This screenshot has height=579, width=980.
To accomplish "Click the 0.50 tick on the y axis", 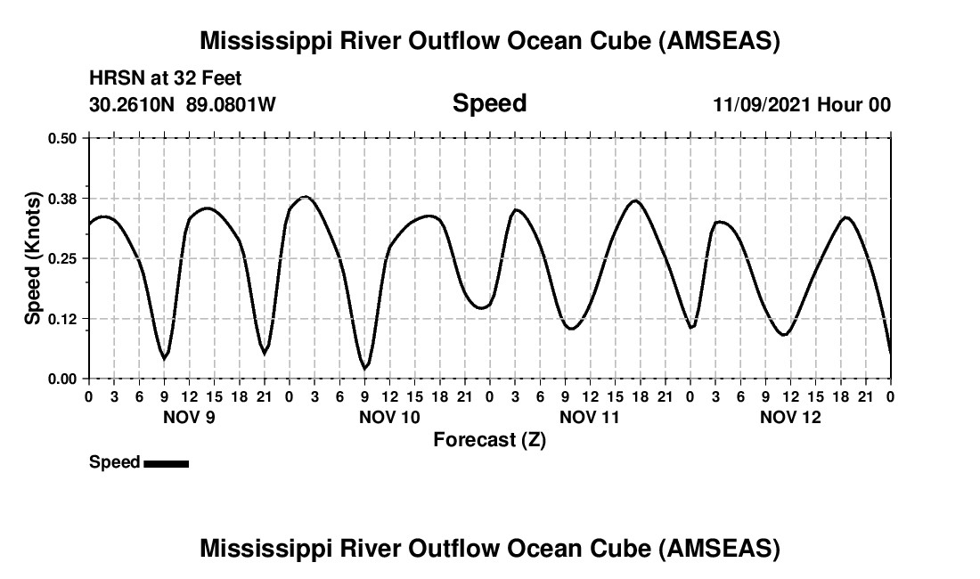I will point(62,138).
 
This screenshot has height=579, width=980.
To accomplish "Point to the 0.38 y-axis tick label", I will point(62,198).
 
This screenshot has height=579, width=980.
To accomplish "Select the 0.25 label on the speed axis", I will point(62,258).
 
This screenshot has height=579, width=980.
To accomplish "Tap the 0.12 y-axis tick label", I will point(62,319).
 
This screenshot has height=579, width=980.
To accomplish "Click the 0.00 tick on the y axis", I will point(62,379).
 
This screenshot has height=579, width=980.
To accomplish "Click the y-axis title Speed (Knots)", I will point(33,258).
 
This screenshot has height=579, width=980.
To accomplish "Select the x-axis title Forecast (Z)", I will point(489,439).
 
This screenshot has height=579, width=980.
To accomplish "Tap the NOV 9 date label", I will point(188,417).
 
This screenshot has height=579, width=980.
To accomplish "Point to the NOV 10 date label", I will point(389,417).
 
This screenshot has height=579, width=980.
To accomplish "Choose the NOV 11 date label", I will point(590,417).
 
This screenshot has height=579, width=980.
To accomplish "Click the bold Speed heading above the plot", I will point(489,103).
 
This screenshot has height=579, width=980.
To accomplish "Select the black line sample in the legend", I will point(166,463).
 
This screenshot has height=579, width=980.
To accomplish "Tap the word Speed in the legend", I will point(115,462).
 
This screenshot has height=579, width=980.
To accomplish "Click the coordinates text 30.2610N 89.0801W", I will point(183,104).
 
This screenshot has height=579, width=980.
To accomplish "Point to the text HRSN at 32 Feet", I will point(165,79).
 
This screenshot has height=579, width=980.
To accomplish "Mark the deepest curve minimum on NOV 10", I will point(364,367).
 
